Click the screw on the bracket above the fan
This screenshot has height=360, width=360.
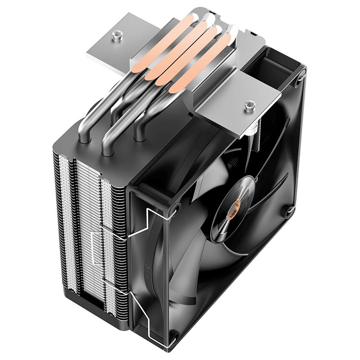point(249,106)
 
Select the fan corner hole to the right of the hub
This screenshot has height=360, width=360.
point(290,211)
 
